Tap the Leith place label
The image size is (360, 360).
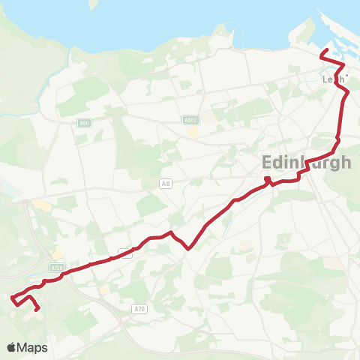[x=332, y=79]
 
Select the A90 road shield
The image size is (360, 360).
[x=83, y=124]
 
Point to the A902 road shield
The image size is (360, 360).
[x=190, y=119]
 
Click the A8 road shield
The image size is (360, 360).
[x=166, y=182]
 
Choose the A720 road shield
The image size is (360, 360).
[x=58, y=267]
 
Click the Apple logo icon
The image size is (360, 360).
[x=11, y=347]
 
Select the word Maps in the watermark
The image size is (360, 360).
[x=32, y=347]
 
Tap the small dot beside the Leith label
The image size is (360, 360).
[x=346, y=75]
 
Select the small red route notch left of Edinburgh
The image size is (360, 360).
[x=267, y=178]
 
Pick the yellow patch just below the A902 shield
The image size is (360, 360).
[x=193, y=131]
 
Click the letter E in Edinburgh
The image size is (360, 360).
[x=268, y=163]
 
